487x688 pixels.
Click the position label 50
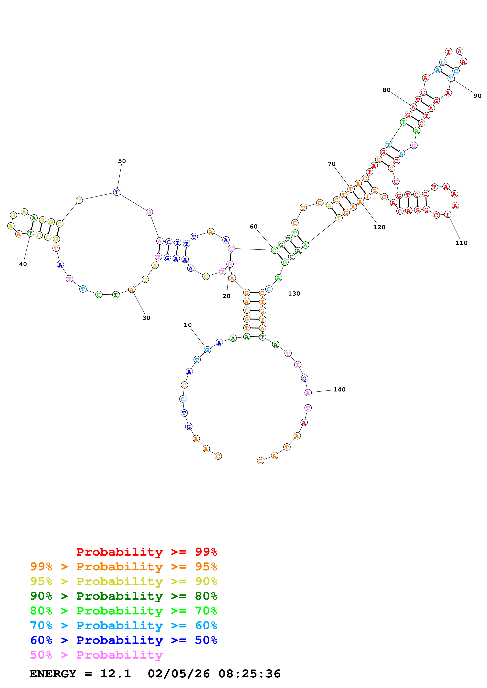click(x=122, y=161)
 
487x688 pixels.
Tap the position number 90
click(x=477, y=96)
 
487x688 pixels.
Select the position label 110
click(x=461, y=243)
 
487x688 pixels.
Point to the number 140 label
click(x=339, y=390)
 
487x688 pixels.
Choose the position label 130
click(x=294, y=294)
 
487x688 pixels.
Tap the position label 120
click(x=379, y=228)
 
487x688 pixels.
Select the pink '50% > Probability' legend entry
click(x=96, y=655)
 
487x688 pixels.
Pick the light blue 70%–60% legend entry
click(x=123, y=626)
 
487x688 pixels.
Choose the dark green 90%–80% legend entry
click(x=123, y=596)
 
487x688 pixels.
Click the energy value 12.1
click(x=116, y=674)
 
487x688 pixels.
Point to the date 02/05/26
click(x=179, y=674)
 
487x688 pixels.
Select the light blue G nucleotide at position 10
click(x=207, y=350)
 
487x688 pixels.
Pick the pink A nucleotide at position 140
click(x=308, y=393)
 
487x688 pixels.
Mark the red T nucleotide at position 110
click(x=447, y=215)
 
